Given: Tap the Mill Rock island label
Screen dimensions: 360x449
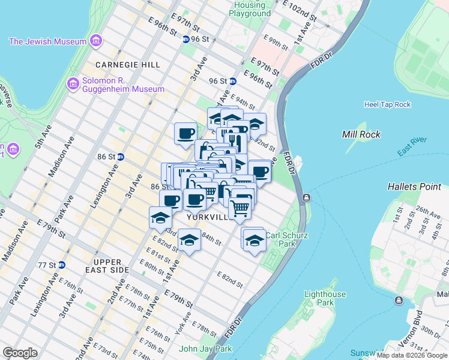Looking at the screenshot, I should [361, 134].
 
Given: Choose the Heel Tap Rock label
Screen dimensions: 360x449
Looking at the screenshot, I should [387, 104].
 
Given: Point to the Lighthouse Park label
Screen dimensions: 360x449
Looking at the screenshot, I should [325, 298].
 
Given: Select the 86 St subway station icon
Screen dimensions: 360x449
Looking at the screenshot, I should [120, 157].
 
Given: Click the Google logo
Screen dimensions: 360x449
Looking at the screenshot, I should [20, 353].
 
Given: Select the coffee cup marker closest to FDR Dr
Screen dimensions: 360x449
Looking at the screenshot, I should [260, 171].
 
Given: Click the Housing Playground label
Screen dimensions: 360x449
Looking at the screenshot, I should [250, 9].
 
